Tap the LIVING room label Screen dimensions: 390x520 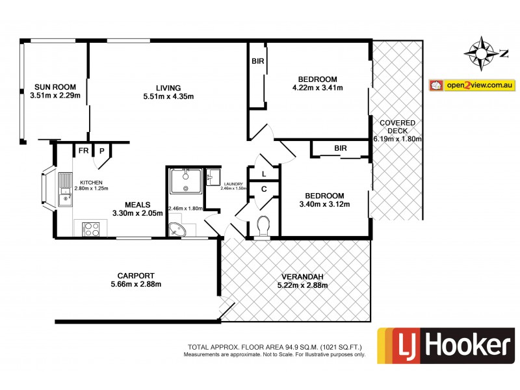[168, 88]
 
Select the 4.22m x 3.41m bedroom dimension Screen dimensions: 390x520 [318, 88]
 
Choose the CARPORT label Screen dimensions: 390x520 [135, 275]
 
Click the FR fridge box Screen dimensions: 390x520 [83, 150]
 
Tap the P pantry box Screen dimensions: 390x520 [102, 150]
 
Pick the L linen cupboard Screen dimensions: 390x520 [263, 174]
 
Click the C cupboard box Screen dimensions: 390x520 [263, 189]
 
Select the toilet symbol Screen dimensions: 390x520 [264, 226]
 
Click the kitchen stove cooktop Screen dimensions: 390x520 [90, 229]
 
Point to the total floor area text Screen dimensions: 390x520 [274, 347]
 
